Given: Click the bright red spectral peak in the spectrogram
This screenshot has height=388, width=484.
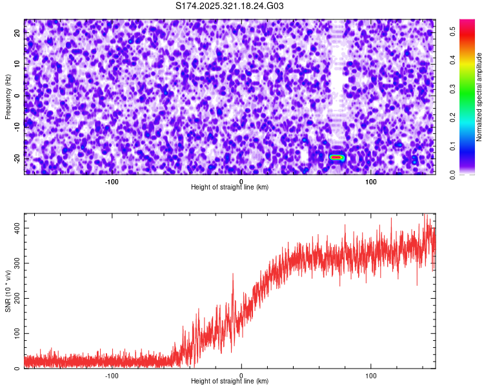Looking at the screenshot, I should [336, 157].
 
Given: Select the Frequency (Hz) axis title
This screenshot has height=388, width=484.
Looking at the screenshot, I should [8, 96].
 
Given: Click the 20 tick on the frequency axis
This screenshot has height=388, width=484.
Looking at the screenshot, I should [18, 33].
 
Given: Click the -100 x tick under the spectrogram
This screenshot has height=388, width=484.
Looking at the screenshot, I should [112, 182].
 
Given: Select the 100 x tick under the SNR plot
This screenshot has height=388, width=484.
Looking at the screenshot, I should [371, 376].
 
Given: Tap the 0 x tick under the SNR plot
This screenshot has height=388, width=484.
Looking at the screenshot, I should [241, 376].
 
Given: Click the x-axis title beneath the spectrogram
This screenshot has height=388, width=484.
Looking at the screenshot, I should [230, 188].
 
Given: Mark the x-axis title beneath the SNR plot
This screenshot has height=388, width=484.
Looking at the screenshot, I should [230, 382].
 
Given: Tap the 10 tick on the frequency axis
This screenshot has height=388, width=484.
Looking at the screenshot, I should [18, 64].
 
